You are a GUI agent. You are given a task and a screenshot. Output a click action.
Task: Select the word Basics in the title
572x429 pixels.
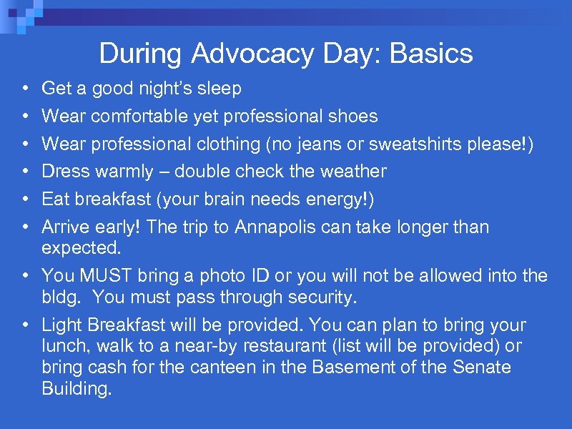point(432,54)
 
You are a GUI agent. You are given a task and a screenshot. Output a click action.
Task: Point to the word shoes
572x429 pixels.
point(354,116)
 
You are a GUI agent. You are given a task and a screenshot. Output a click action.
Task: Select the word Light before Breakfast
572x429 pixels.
point(62,325)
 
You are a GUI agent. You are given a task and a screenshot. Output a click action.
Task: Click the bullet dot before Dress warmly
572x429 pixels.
point(24,172)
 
